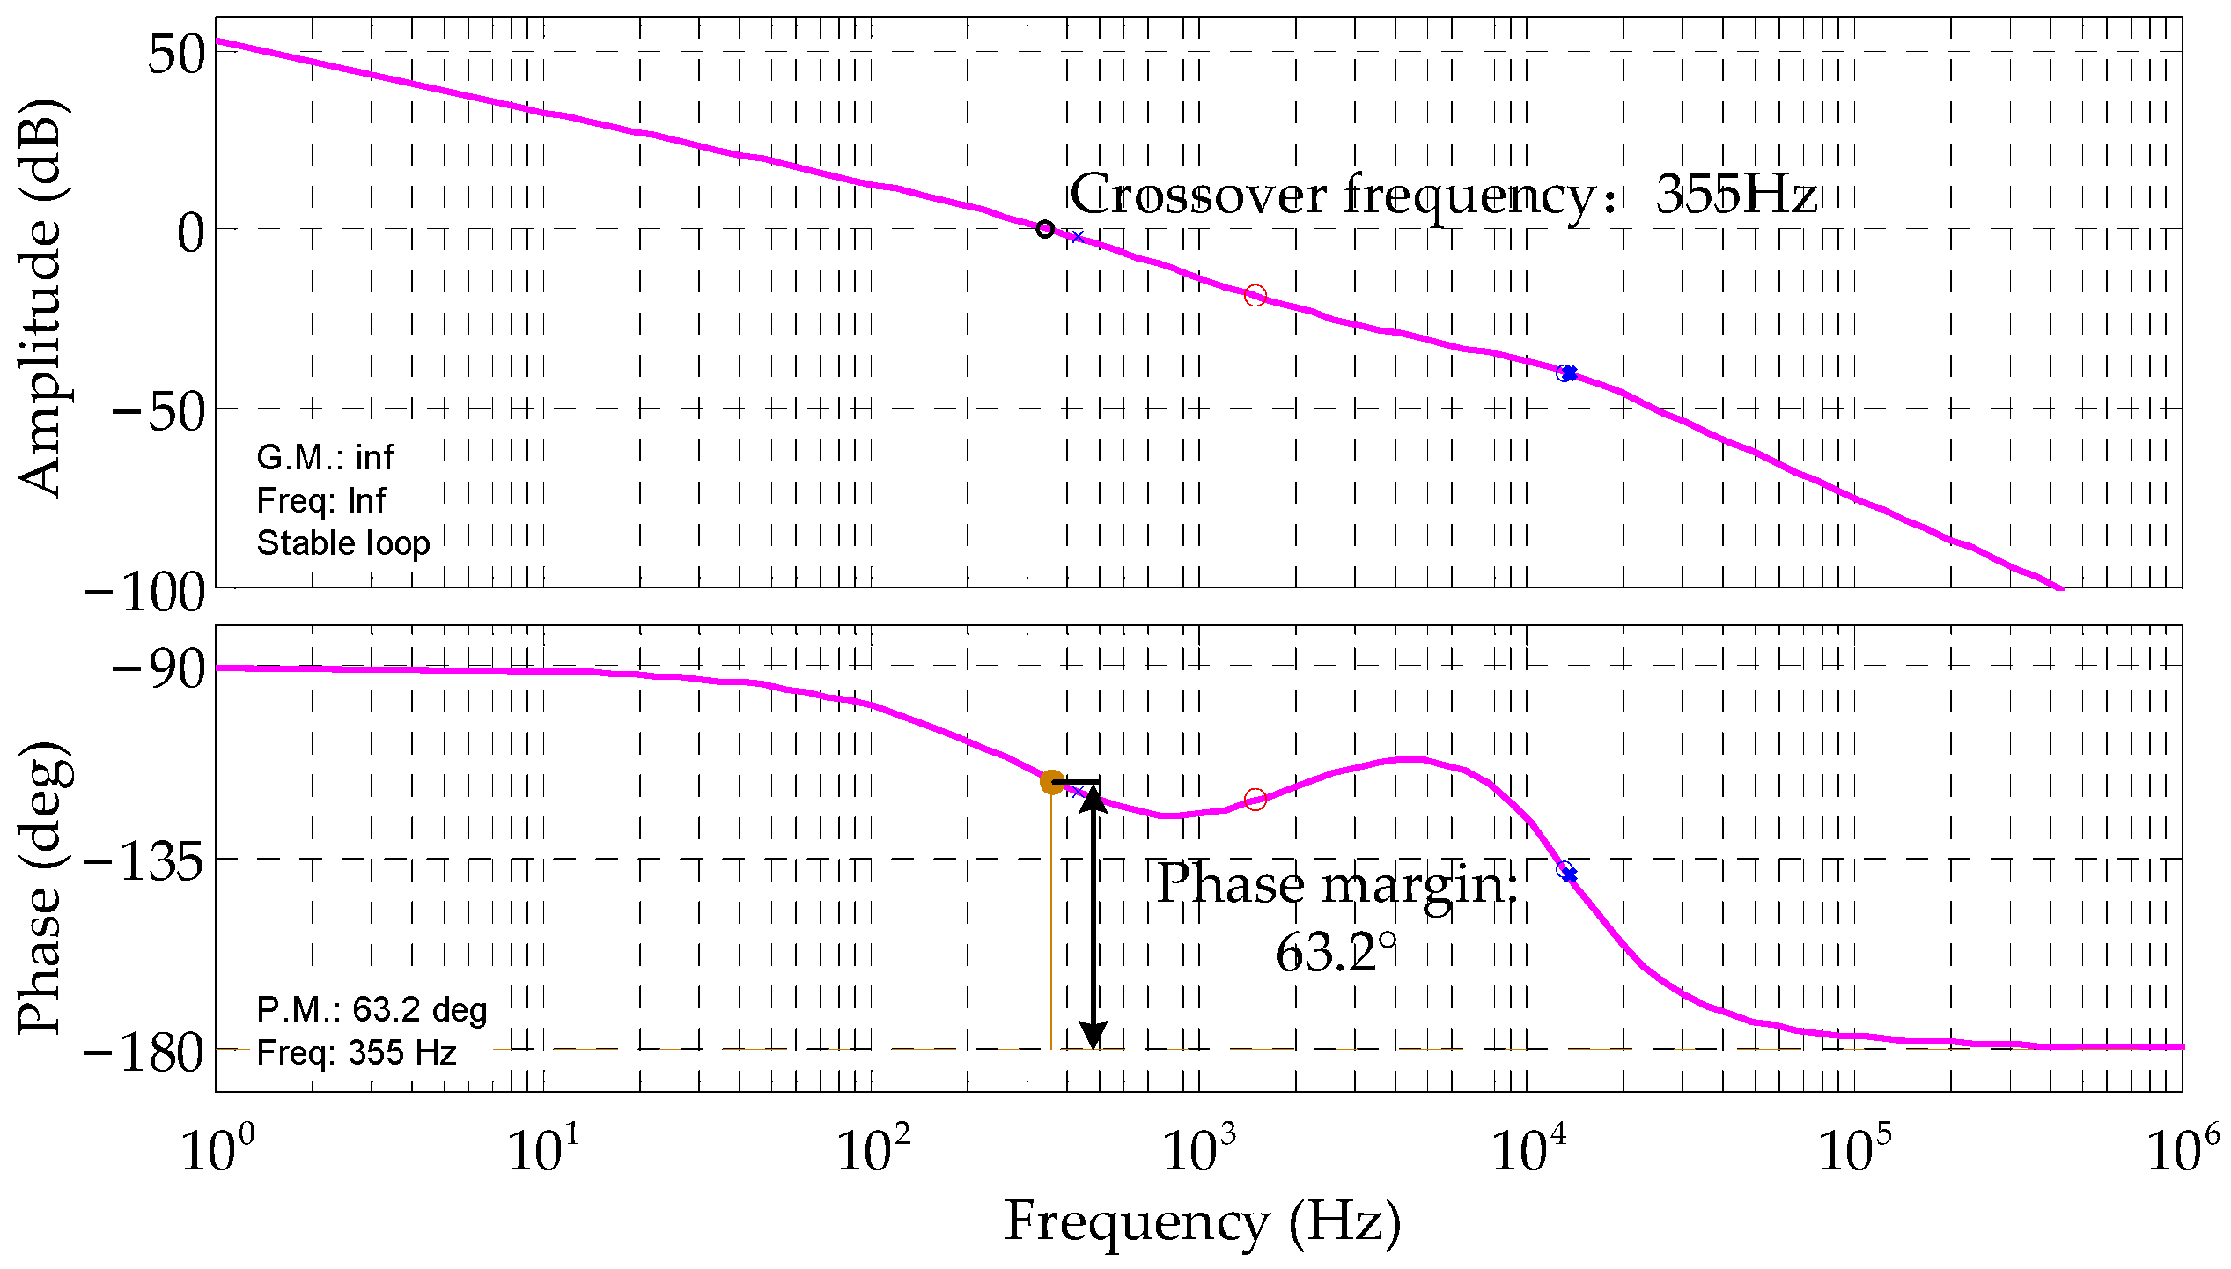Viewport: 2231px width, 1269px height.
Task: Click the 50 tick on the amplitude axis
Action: [x=176, y=55]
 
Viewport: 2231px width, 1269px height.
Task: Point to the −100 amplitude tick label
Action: [x=144, y=592]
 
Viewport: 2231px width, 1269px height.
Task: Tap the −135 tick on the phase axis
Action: [x=144, y=860]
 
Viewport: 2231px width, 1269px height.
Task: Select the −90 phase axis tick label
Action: [x=158, y=669]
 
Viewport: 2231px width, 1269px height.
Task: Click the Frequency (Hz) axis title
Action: [x=1203, y=1222]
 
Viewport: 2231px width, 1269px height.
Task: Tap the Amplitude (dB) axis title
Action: [x=41, y=298]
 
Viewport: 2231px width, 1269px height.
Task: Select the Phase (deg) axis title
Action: [x=44, y=888]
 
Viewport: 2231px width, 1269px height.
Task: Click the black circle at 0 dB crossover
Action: [x=1045, y=229]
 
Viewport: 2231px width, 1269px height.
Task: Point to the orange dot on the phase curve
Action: [x=1051, y=781]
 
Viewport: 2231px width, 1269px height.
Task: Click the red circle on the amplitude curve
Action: [x=1255, y=296]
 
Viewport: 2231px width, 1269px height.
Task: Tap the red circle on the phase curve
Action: [x=1255, y=800]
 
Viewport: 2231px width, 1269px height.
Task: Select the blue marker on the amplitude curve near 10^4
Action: [x=1566, y=373]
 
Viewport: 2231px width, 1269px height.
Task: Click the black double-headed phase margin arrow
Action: [x=1093, y=916]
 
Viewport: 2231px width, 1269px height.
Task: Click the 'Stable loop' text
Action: [x=343, y=543]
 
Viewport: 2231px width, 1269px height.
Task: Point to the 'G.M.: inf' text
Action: [x=325, y=458]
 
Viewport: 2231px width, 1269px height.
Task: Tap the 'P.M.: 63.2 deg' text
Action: [x=372, y=1010]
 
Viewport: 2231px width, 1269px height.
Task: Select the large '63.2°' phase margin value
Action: [x=1336, y=953]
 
